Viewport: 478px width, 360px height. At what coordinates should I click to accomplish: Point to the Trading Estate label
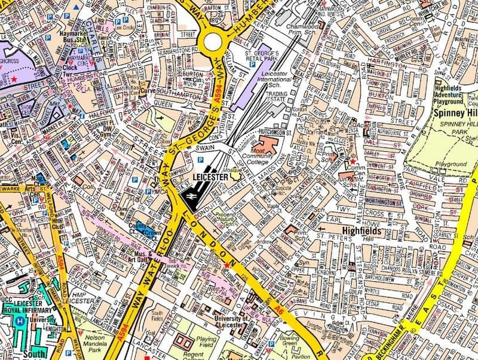(x=277, y=97)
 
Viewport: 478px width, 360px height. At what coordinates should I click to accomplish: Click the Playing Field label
(x=206, y=342)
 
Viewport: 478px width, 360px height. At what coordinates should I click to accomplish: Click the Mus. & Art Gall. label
(x=137, y=257)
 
